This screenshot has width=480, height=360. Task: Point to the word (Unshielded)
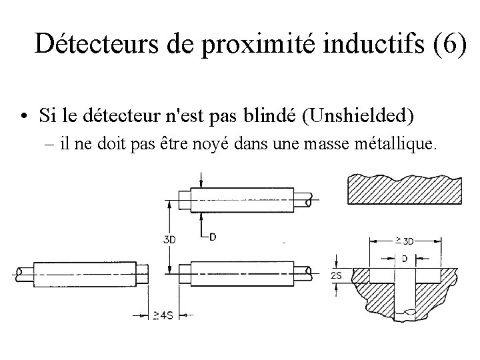tap(358, 117)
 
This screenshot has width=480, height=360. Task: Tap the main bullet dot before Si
tap(24, 118)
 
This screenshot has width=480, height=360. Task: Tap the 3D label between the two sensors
tap(170, 241)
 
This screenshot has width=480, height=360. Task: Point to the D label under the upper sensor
tap(212, 237)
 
